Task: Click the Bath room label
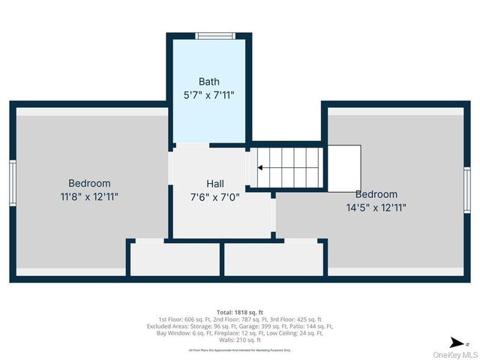pos(208,81)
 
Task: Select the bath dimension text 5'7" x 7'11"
pos(208,94)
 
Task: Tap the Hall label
pos(215,183)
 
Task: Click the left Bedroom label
pos(89,183)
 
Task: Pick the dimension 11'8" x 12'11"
pos(89,196)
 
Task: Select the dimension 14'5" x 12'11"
pos(376,208)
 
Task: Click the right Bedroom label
pos(376,194)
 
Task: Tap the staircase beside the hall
pos(289,166)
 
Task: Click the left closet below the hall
pos(176,259)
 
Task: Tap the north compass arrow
pos(454,342)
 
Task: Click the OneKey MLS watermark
pos(454,354)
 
